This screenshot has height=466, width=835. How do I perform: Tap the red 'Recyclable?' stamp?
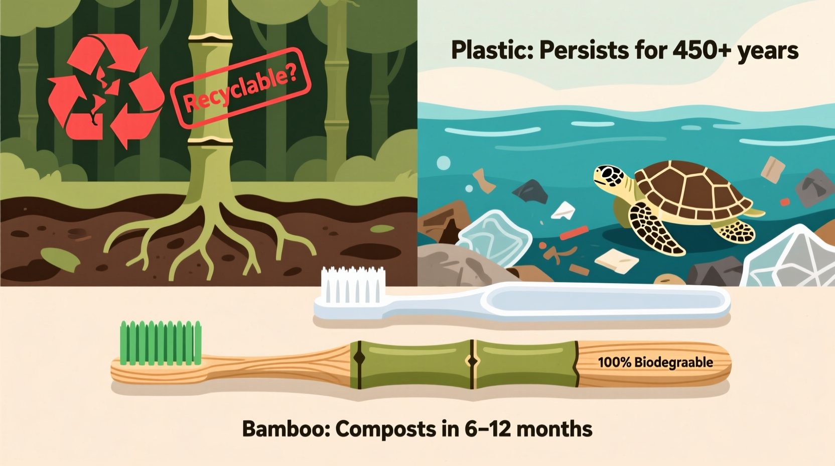pyautogui.click(x=240, y=87)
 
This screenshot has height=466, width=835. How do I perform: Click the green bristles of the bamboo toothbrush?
pyautogui.click(x=161, y=342)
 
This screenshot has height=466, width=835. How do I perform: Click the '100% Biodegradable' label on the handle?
pyautogui.click(x=655, y=362)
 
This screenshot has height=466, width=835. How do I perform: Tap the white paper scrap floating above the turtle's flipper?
pyautogui.click(x=563, y=210)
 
